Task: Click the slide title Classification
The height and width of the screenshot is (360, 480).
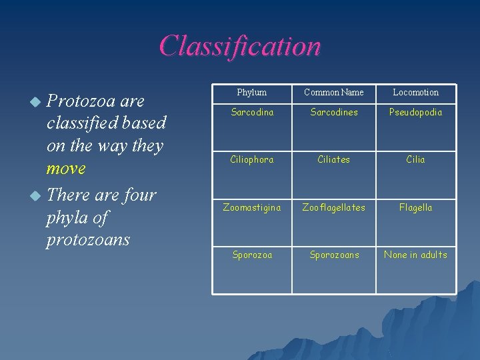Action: click(x=240, y=46)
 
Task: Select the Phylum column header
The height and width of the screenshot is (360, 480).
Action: click(x=252, y=92)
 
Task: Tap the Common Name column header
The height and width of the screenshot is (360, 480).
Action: click(x=333, y=92)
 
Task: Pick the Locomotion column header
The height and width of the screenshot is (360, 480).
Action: click(x=415, y=92)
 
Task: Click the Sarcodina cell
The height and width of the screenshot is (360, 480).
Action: click(x=252, y=112)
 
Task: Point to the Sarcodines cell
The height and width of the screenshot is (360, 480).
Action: click(x=333, y=112)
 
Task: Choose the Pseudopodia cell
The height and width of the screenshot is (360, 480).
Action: click(x=415, y=112)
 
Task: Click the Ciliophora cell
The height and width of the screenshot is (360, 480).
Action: click(x=252, y=159)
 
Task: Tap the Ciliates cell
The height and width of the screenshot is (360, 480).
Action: click(x=333, y=159)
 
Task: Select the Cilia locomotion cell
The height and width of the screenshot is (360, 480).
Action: click(x=415, y=159)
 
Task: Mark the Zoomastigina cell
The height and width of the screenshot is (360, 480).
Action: click(x=252, y=207)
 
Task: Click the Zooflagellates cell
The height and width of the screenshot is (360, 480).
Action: click(x=333, y=207)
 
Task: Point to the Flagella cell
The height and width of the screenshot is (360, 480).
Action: click(x=415, y=207)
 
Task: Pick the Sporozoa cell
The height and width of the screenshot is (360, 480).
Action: click(x=252, y=255)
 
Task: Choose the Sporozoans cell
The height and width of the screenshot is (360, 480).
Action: click(x=333, y=255)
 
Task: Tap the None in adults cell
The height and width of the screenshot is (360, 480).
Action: click(x=415, y=255)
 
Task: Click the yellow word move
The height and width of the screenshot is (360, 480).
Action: click(x=66, y=169)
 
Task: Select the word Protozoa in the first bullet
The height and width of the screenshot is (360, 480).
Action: click(x=81, y=101)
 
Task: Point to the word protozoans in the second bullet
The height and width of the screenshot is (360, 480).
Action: click(x=87, y=239)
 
